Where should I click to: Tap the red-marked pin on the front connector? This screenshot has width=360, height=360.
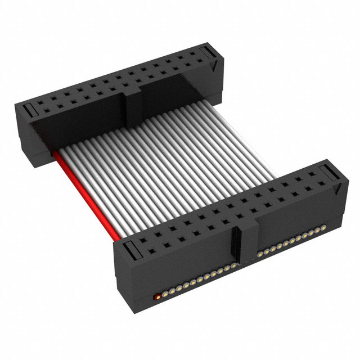click(158, 294)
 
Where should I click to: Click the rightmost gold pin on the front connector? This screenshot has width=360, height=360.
click(324, 227)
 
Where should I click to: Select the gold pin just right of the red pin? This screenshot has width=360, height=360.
click(165, 291)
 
